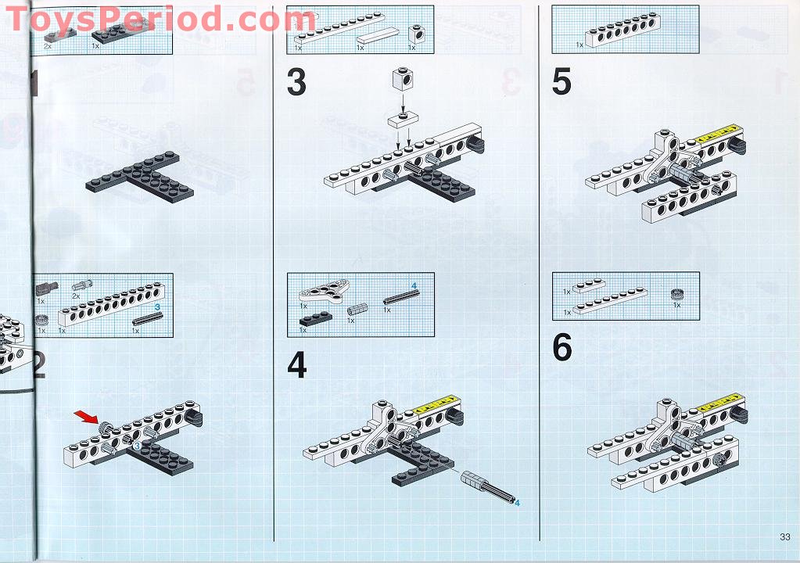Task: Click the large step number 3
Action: coord(296,83)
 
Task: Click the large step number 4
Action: coord(297,365)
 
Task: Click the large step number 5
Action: coord(561,83)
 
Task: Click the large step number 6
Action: coord(562,349)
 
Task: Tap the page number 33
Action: coord(784,536)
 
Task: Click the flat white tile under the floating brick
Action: coord(401,119)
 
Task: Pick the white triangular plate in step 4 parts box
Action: coord(325,290)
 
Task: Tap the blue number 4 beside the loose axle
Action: coord(517,504)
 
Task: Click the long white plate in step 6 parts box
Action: coord(610,303)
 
